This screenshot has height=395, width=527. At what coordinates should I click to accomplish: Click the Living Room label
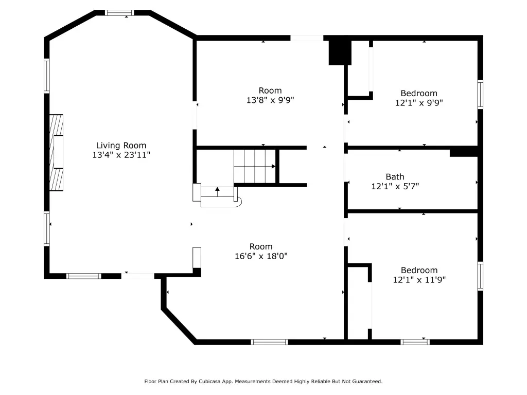coord(121,146)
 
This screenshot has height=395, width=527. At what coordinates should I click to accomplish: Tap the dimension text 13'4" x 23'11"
coord(121,155)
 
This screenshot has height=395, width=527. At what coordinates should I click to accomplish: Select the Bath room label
coord(395,177)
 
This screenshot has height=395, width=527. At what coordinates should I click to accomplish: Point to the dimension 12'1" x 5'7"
coord(395,186)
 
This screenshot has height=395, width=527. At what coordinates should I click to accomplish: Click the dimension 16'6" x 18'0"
coord(261,256)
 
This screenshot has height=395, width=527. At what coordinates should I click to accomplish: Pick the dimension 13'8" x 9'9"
coord(270,100)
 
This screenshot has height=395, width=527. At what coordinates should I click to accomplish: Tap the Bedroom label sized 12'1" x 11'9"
coord(419,271)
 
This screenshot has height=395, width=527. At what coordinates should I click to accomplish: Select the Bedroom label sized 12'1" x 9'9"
coord(419,94)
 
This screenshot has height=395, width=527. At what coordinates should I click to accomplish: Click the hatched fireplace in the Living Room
coord(56,153)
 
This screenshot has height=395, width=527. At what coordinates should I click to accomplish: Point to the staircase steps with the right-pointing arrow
coord(255,166)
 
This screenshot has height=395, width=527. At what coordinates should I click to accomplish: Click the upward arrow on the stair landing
coord(218,192)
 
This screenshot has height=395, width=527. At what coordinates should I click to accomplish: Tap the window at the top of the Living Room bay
coord(119,13)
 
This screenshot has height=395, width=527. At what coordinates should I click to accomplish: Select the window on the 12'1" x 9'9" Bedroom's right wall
coord(480,95)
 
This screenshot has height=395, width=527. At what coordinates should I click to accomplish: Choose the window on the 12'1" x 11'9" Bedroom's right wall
coord(480,276)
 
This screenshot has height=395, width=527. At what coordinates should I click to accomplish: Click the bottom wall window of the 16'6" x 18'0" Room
coord(269,342)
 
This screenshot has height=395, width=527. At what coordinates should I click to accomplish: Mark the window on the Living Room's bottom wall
coord(84,276)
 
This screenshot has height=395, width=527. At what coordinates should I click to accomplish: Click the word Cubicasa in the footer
coord(210,382)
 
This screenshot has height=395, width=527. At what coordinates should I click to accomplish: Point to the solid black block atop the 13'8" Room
coord(340,52)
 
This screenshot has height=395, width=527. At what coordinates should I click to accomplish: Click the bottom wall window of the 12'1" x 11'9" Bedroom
coord(415,342)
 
